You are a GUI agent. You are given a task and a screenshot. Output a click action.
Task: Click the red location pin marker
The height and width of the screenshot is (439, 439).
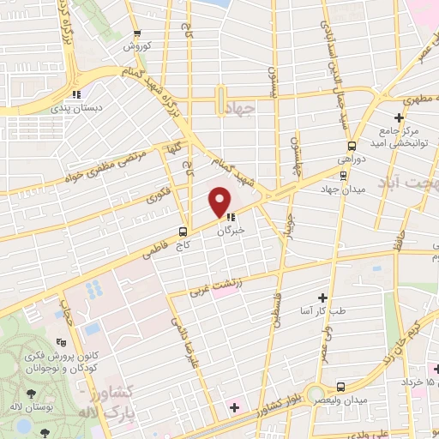(x=220, y=202)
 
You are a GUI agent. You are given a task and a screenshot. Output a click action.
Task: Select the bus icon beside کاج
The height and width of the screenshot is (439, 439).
(x=183, y=231)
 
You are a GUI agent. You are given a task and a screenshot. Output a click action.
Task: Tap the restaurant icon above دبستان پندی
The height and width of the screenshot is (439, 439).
(x=77, y=94)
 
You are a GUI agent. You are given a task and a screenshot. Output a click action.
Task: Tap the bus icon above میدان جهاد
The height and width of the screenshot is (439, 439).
(x=343, y=175)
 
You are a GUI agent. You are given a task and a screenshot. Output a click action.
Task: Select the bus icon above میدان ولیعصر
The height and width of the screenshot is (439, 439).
(x=341, y=387)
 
